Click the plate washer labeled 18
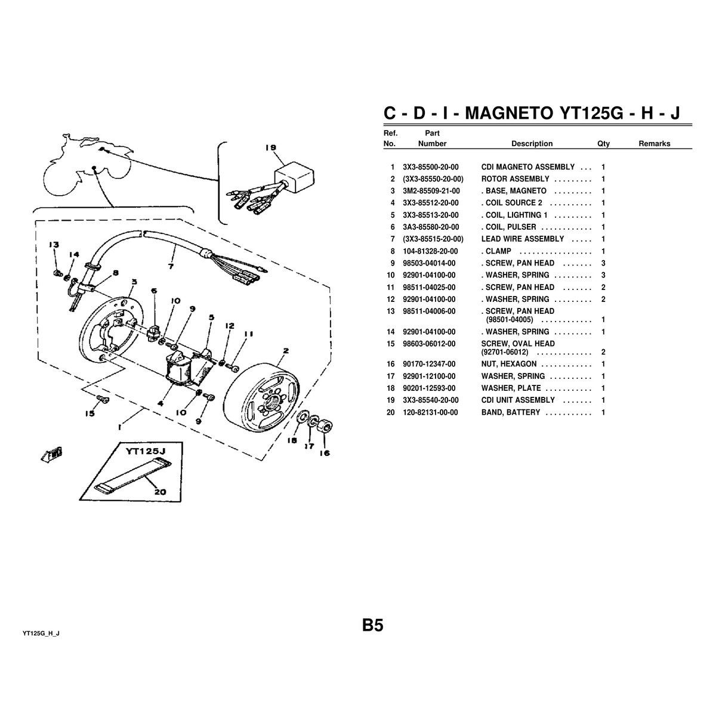303,416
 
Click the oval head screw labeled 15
102,399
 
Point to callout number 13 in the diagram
54,245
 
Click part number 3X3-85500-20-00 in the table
431,167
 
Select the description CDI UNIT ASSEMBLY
518,400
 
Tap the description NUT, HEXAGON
509,364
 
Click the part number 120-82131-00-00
430,412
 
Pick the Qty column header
603,144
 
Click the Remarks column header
654,144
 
